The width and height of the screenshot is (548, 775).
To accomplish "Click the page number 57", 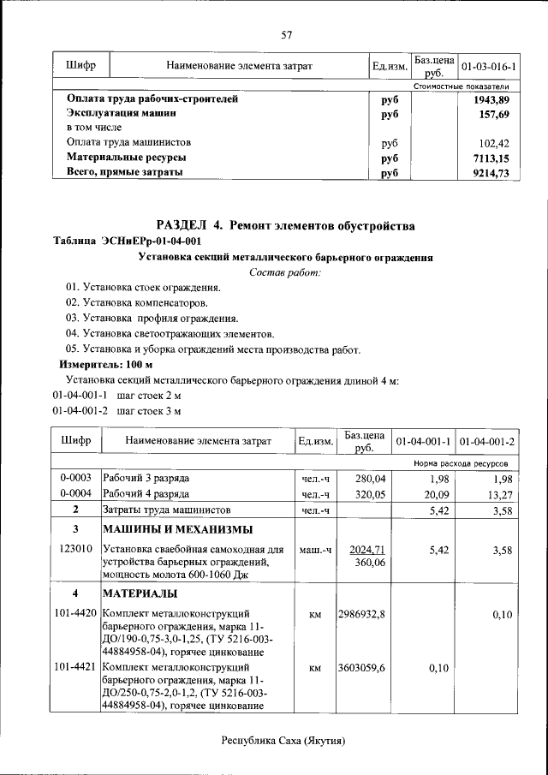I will tap(287, 35).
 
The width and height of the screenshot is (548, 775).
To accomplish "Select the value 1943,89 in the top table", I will tap(491, 99).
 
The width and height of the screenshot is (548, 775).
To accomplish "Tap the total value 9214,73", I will tap(491, 173).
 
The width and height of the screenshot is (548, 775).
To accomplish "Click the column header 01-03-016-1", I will tap(488, 66).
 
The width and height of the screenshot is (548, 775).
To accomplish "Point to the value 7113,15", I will tap(491, 158).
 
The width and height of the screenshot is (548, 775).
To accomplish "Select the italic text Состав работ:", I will tap(285, 272).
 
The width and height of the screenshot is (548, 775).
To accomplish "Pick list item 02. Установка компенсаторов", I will tap(136, 303).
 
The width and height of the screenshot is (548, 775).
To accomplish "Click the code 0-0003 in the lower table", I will tap(76, 478).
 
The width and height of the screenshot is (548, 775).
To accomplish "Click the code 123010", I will tap(76, 549).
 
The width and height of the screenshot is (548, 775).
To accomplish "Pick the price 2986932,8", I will tap(363, 614).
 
